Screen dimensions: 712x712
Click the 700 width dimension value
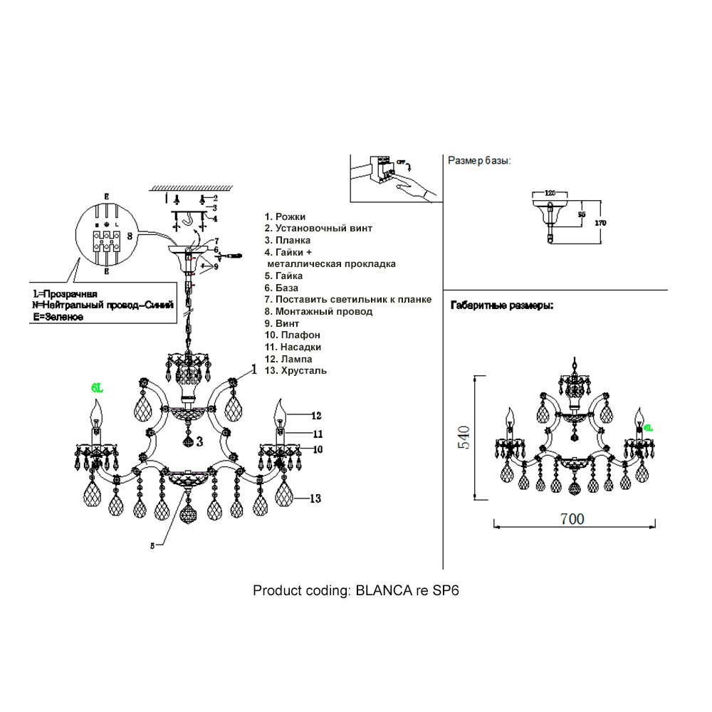coord(572,518)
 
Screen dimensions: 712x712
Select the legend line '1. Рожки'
coord(285,216)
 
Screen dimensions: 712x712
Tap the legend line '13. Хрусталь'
coord(295,371)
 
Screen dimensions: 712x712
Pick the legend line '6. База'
coord(283,288)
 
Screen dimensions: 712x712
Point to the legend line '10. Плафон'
coord(292,335)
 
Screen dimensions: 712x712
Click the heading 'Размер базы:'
coord(479,161)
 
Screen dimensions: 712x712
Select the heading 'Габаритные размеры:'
coord(502,305)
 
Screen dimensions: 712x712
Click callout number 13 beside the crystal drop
coord(316,499)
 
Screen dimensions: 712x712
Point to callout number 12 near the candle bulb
coord(316,414)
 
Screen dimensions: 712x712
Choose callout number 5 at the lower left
coord(152,546)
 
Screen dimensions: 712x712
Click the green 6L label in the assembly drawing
coord(97,388)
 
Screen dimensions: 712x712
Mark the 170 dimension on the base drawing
coord(601,222)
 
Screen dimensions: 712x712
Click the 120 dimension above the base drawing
coord(549,193)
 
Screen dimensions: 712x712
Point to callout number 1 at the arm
coord(253,369)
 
